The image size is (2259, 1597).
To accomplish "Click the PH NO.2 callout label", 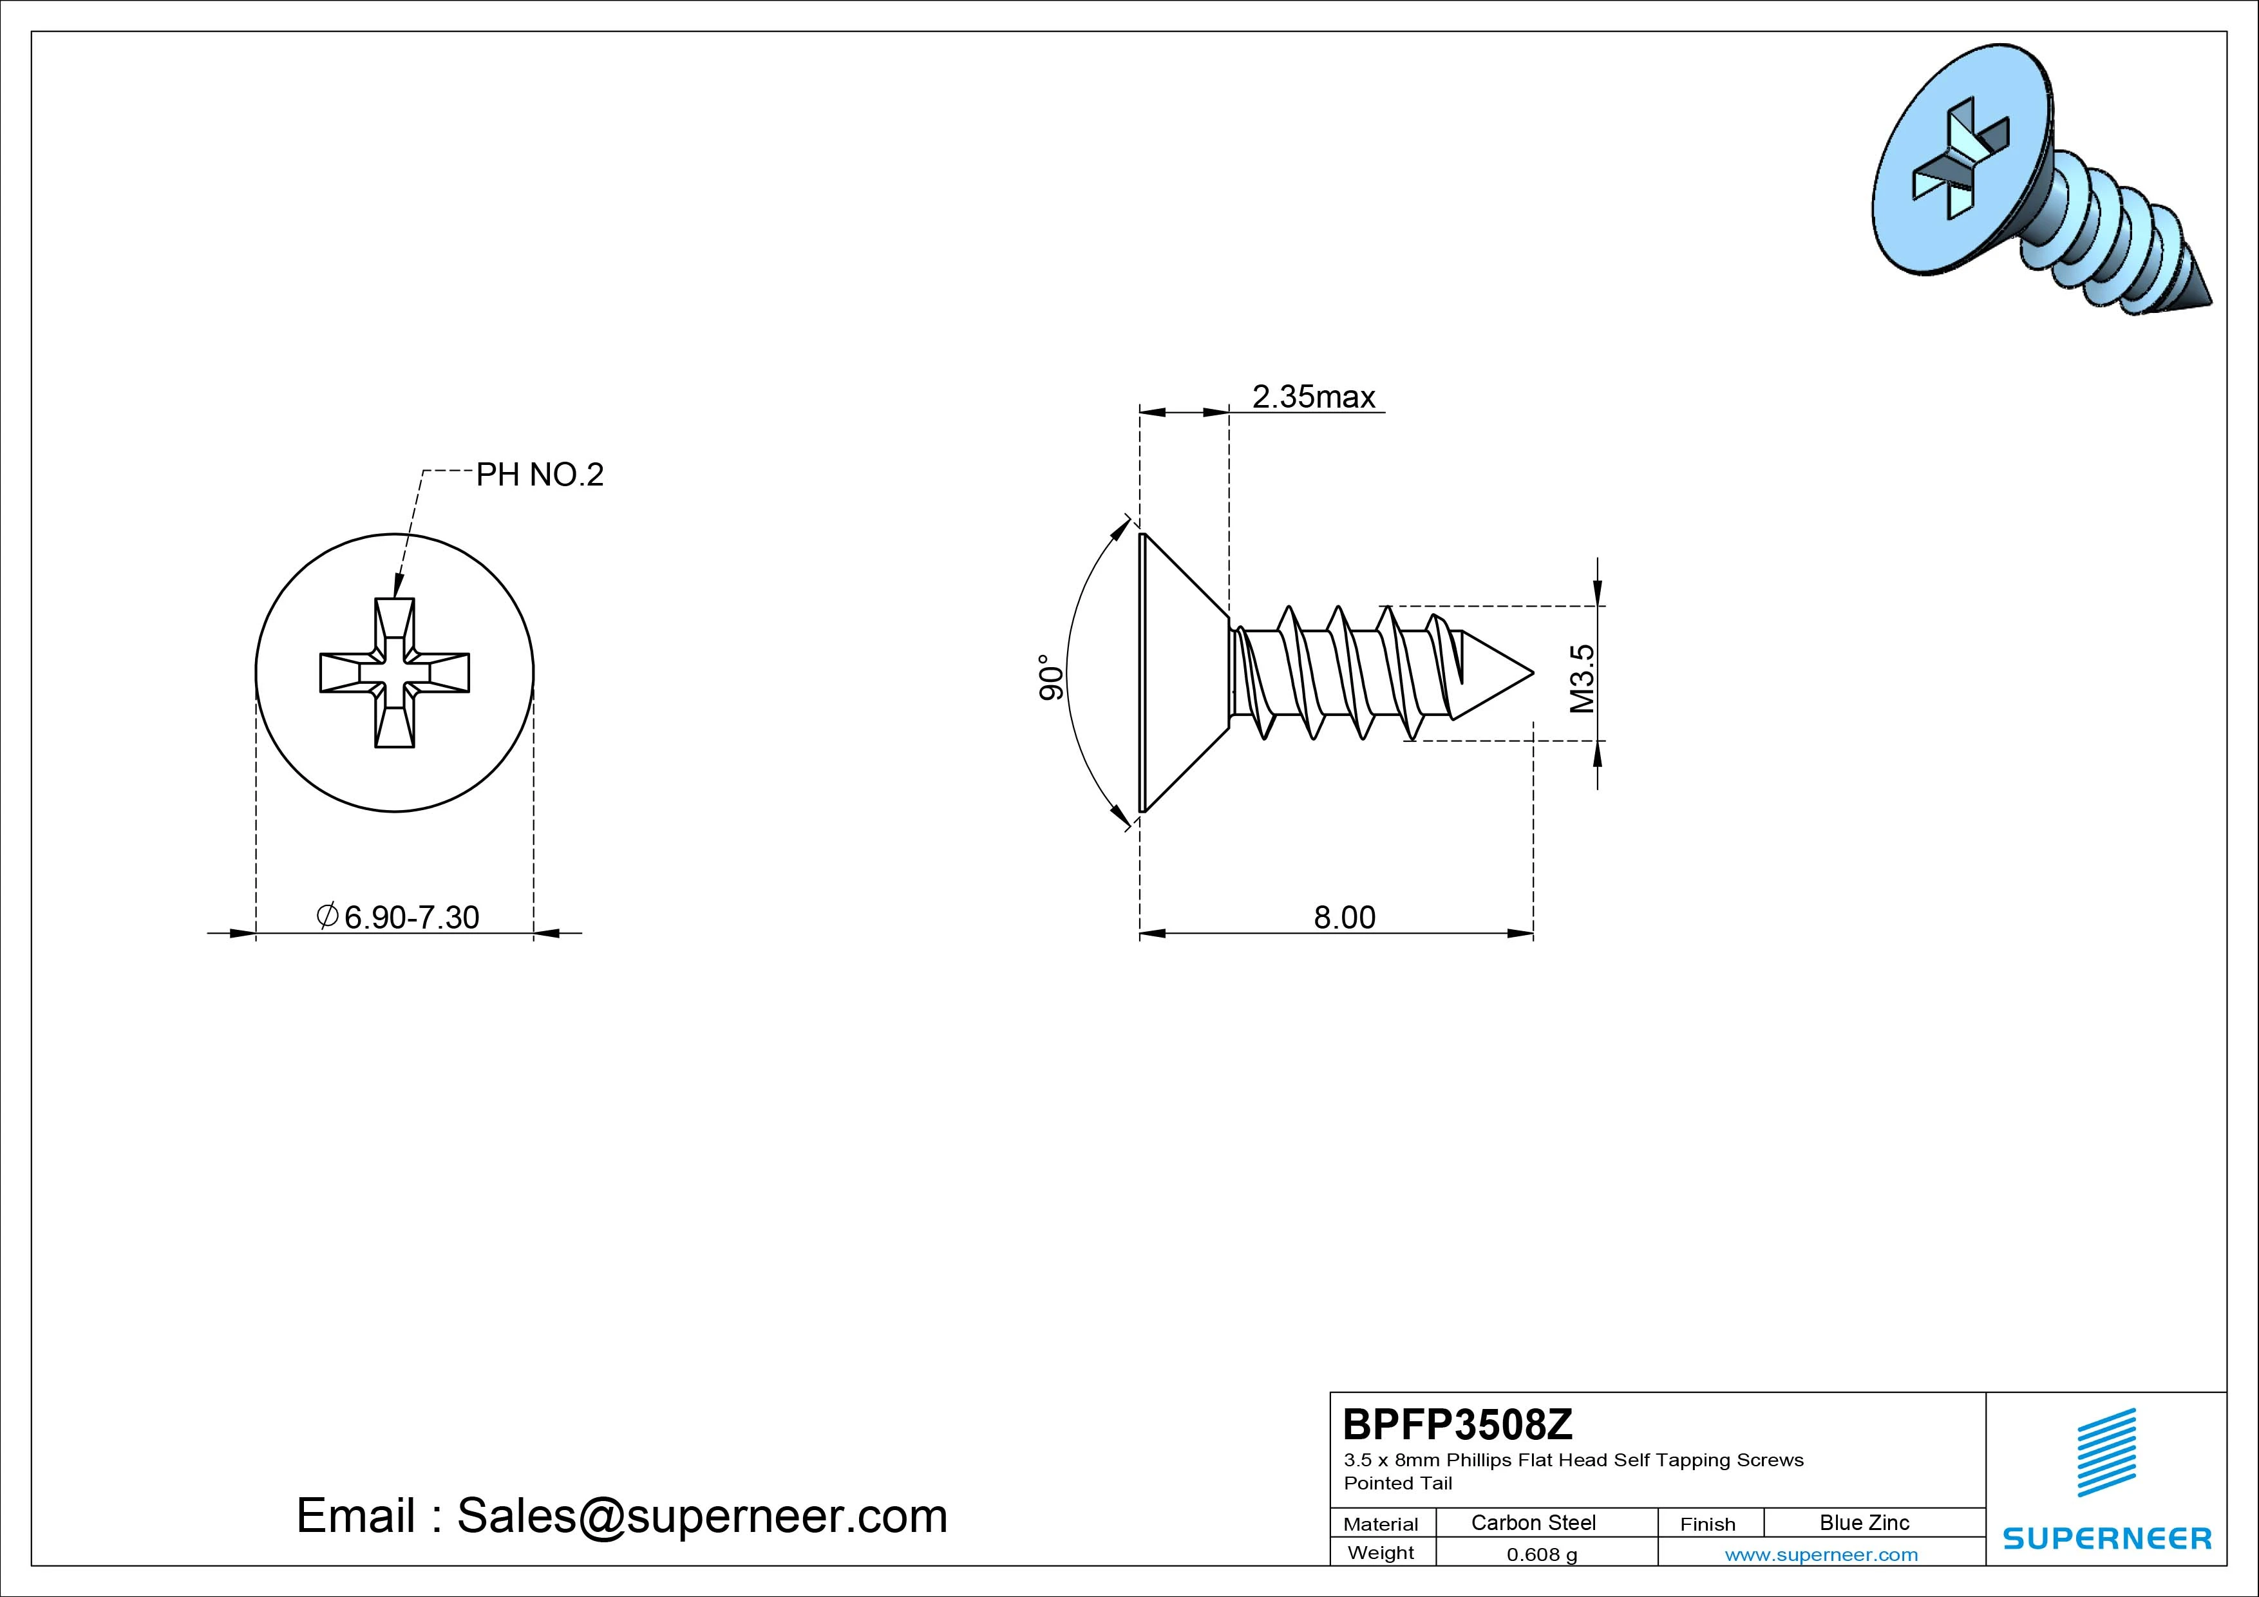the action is (x=539, y=475).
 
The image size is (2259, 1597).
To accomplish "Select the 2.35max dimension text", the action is (x=1314, y=397).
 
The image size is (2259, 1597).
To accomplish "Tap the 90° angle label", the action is (x=1052, y=677).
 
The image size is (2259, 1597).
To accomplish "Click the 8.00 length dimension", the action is (x=1345, y=917).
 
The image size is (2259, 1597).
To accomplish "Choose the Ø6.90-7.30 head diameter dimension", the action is (x=397, y=917).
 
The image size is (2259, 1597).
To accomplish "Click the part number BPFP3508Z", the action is (x=1458, y=1424).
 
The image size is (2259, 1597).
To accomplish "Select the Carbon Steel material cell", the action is (x=1533, y=1522).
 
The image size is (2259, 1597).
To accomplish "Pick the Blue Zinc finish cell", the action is (x=1864, y=1522).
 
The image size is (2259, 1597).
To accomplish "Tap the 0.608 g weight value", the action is (x=1542, y=1554).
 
